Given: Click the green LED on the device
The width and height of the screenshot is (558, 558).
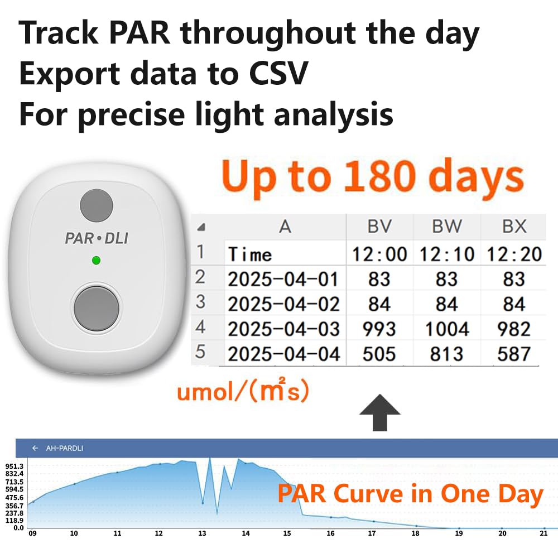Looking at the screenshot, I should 96,260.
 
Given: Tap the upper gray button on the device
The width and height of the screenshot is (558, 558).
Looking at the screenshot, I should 96,205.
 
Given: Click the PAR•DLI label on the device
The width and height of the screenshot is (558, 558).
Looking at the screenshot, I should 97,238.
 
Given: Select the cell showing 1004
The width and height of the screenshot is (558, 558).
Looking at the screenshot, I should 446,329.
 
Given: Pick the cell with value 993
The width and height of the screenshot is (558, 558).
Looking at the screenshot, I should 379,329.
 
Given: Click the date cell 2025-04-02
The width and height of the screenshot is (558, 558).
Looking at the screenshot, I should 284,304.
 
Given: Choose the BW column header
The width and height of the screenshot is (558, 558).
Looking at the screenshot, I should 446,226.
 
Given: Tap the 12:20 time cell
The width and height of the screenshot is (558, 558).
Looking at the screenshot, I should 514,254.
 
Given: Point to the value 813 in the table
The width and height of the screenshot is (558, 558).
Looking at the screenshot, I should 446,354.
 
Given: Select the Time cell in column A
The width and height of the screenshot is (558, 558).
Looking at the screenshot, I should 250,255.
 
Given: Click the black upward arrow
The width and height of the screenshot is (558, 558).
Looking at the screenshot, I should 379,412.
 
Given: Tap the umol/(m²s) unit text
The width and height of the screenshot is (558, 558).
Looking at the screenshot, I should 243,392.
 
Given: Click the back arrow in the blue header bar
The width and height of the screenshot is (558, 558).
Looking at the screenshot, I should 35,448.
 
